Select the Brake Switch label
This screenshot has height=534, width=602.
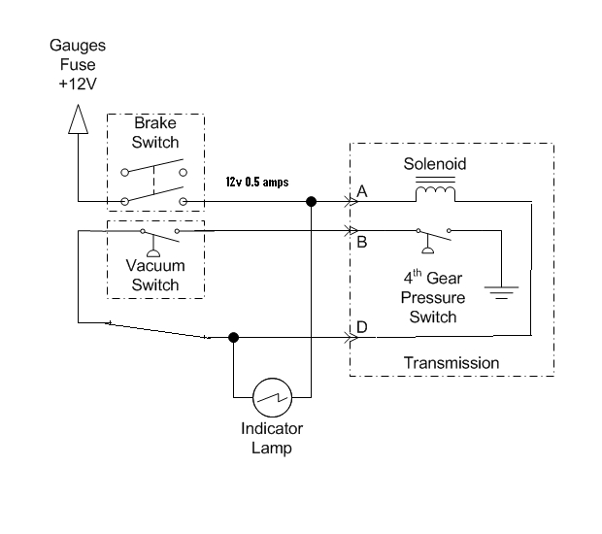tap(155, 133)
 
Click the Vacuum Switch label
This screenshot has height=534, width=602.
tap(155, 275)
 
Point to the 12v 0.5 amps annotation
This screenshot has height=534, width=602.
tap(256, 183)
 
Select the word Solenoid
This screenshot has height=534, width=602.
tap(435, 164)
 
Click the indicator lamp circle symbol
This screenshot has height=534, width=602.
tap(271, 396)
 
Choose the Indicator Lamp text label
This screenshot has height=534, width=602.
tap(271, 438)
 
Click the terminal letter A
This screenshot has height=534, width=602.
tap(362, 192)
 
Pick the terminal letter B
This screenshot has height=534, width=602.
tap(362, 241)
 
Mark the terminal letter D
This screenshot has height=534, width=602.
tap(362, 327)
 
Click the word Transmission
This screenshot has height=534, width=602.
tap(451, 363)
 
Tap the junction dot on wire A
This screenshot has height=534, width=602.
tap(311, 203)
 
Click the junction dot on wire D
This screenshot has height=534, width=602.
tap(233, 338)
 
